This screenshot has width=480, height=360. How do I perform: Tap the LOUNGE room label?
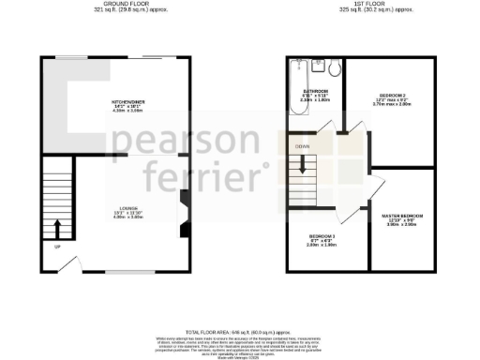[x=128, y=208]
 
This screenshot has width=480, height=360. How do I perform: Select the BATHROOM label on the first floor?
[x=313, y=92]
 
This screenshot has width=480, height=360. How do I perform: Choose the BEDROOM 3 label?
[x=322, y=236]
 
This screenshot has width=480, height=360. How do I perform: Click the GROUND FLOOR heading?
[x=122, y=5]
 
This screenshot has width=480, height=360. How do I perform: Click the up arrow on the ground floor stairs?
[x=57, y=229]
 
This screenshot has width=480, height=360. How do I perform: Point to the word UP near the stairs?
[x=57, y=247]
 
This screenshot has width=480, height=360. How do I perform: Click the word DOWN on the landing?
[x=302, y=146]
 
